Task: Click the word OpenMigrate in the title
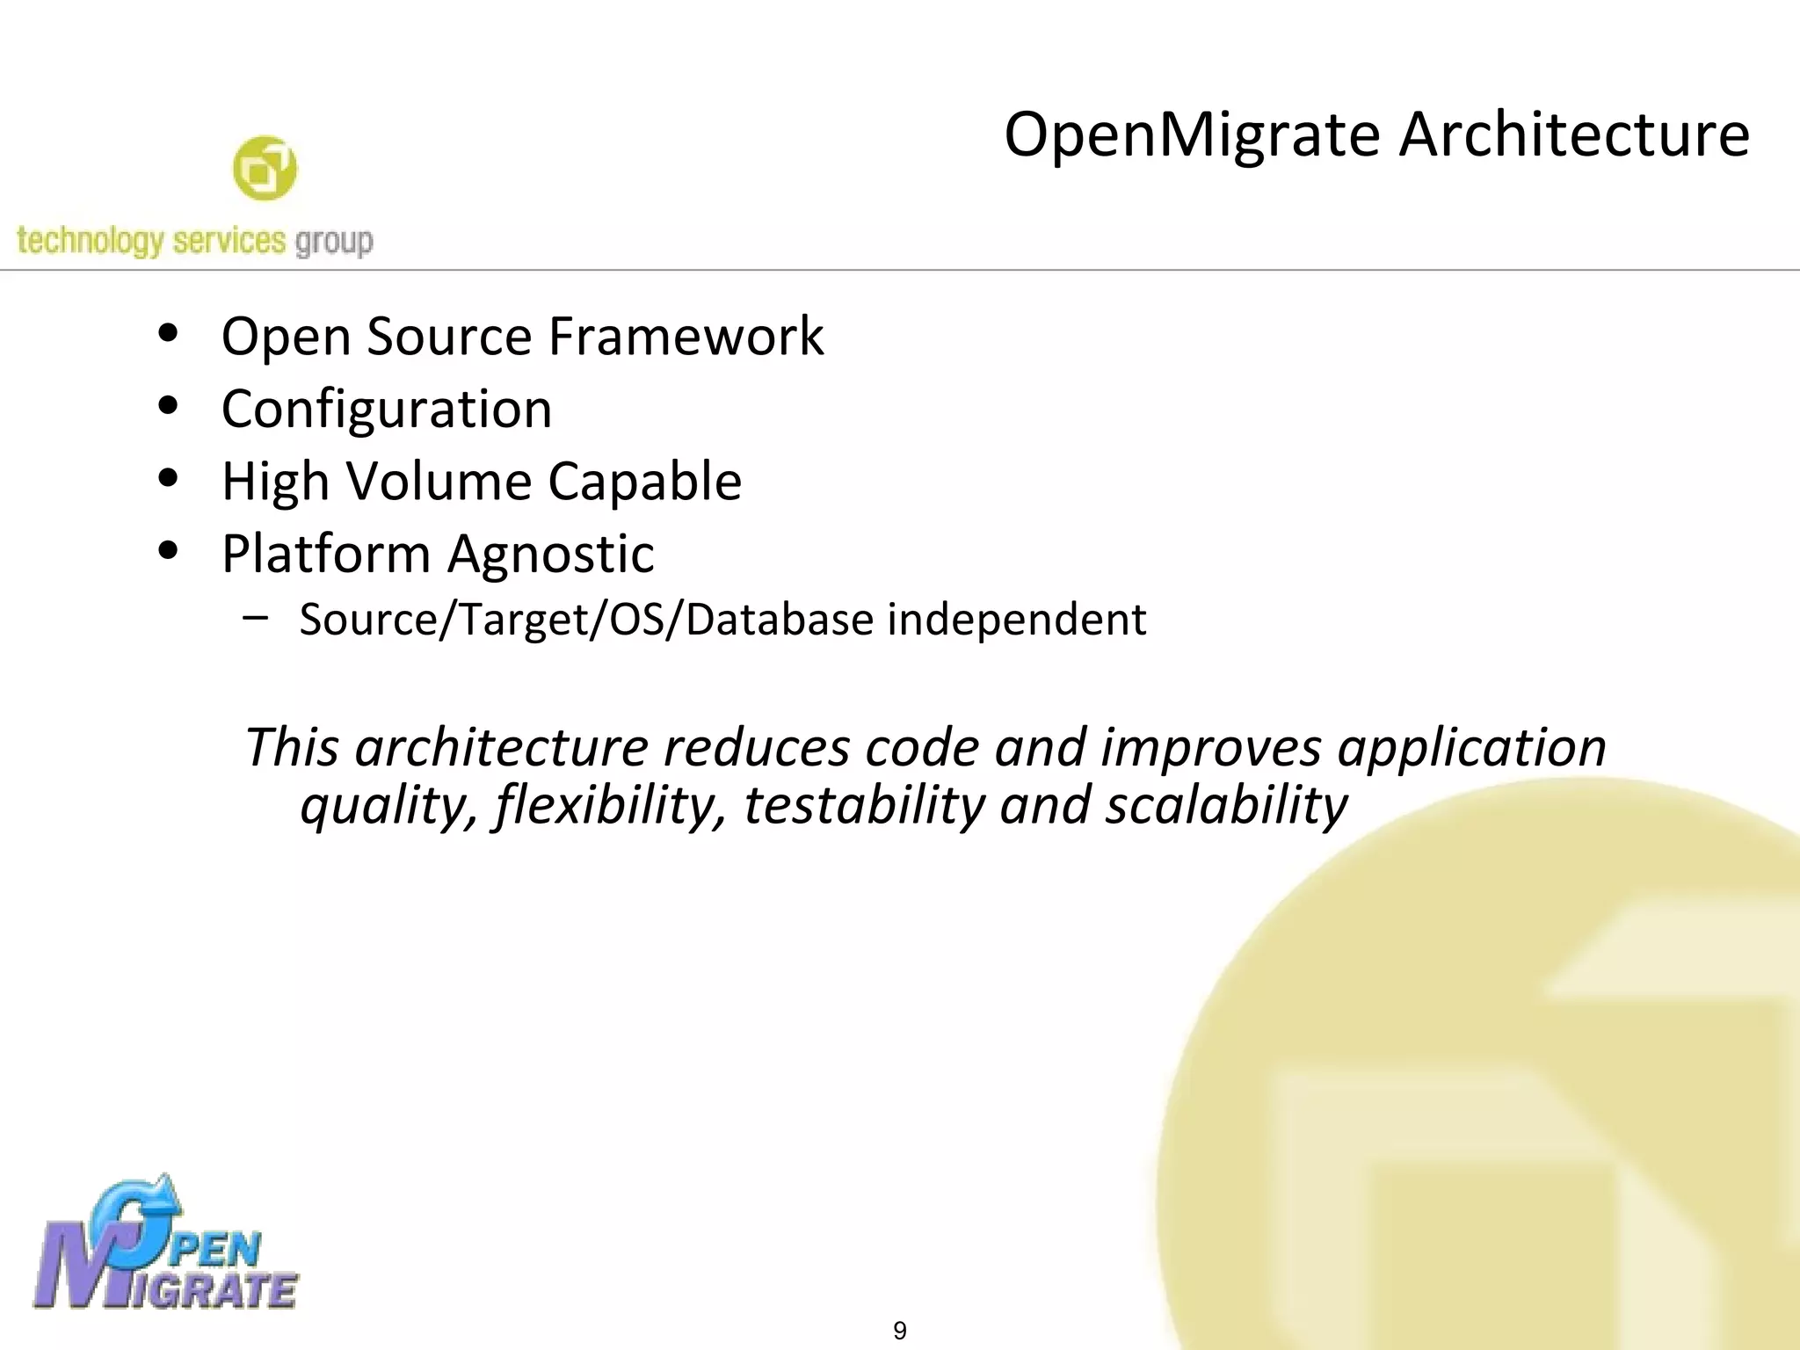point(1192,136)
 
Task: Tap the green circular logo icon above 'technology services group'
point(265,168)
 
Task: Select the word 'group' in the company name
point(334,241)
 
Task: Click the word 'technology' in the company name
point(90,241)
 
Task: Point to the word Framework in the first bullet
point(686,336)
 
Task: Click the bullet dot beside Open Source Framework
point(168,334)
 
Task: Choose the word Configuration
point(387,410)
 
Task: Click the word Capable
point(645,482)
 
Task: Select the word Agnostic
point(551,555)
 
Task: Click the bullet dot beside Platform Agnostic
point(168,551)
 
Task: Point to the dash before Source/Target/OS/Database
point(256,617)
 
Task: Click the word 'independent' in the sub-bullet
point(1017,619)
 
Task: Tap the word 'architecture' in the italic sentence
point(501,748)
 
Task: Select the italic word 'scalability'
point(1226,805)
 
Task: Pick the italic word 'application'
point(1472,748)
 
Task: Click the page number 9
point(900,1331)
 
